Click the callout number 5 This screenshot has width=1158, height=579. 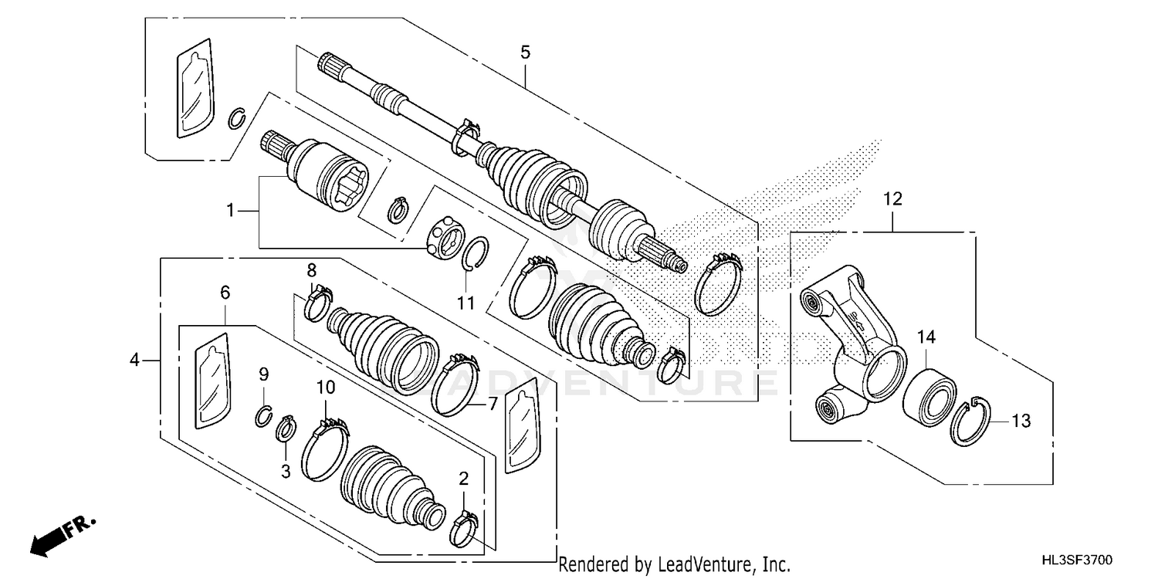coord(525,52)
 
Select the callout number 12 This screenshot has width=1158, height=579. coord(892,198)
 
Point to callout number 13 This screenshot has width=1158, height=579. coord(1021,421)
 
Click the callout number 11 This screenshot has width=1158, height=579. coord(465,303)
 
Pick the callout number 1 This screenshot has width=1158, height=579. coord(229,209)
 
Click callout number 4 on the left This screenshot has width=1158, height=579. coord(134,360)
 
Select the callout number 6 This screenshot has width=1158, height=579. coord(225,292)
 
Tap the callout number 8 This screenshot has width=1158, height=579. coord(312,269)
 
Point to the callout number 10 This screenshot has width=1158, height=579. coord(324,385)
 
